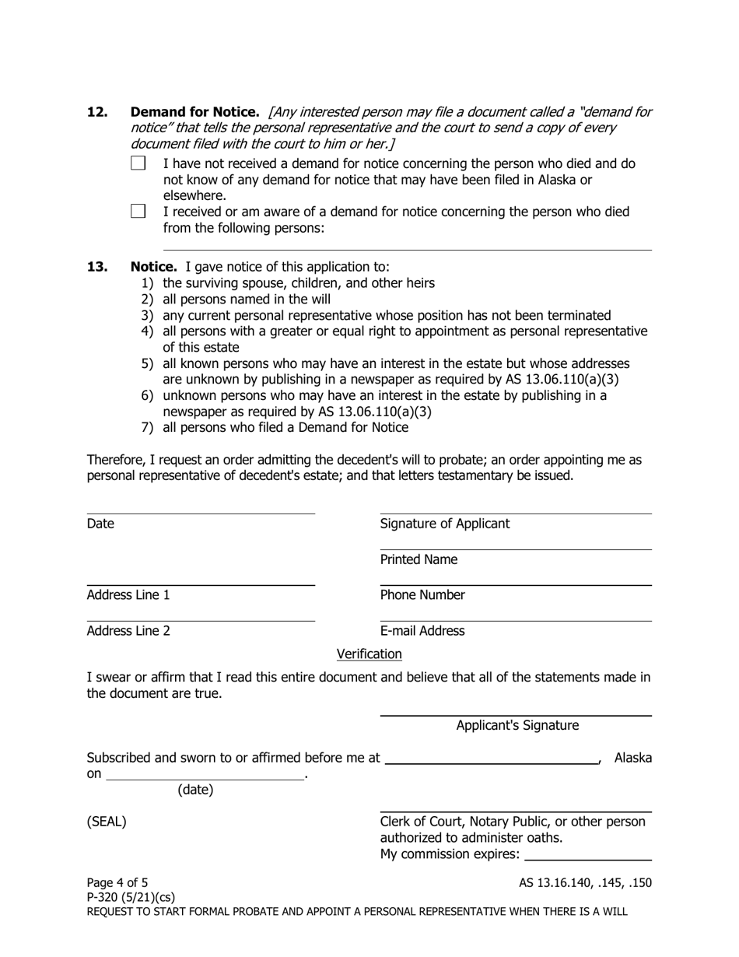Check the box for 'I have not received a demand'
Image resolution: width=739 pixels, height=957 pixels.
[138, 163]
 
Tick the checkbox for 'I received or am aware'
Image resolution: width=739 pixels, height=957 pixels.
[138, 212]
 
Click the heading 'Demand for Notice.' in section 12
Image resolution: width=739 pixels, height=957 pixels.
[194, 112]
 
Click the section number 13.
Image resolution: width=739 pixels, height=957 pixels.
[97, 267]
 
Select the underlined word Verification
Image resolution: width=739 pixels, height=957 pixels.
[369, 654]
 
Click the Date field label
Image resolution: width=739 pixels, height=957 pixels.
[100, 524]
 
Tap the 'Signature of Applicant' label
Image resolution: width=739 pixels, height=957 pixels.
[444, 524]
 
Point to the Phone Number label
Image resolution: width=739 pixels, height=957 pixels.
[422, 595]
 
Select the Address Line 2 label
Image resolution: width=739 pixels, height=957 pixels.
[128, 631]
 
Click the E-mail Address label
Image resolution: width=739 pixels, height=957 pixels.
[422, 631]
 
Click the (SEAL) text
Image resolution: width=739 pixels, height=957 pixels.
[107, 822]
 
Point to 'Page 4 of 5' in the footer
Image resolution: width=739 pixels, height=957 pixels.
[117, 882]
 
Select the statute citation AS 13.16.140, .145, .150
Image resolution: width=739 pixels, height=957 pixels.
[585, 882]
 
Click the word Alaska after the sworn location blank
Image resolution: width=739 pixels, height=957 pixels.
[633, 758]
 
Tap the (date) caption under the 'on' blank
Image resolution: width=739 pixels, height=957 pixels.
[195, 790]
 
